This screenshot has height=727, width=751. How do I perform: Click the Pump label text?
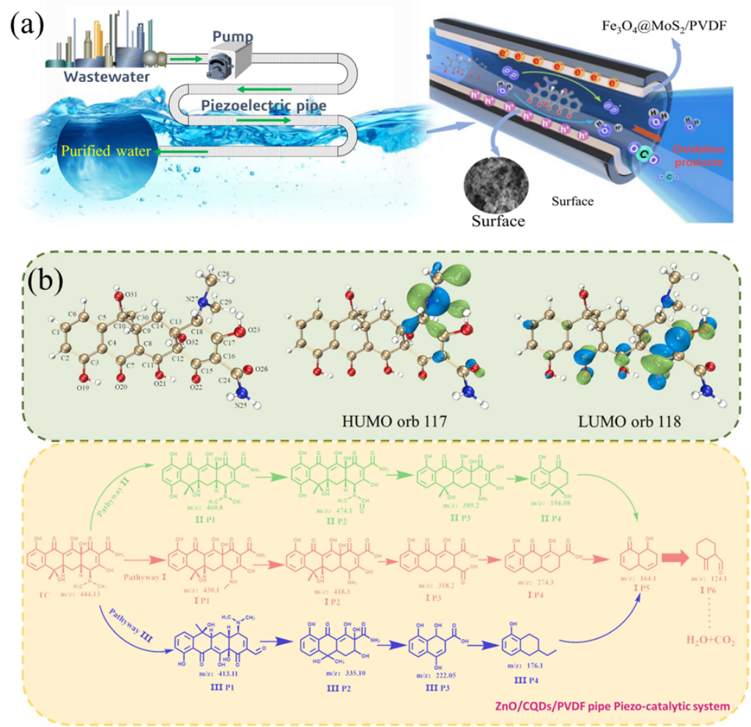pyautogui.click(x=232, y=36)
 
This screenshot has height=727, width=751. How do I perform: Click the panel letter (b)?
pyautogui.click(x=49, y=280)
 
